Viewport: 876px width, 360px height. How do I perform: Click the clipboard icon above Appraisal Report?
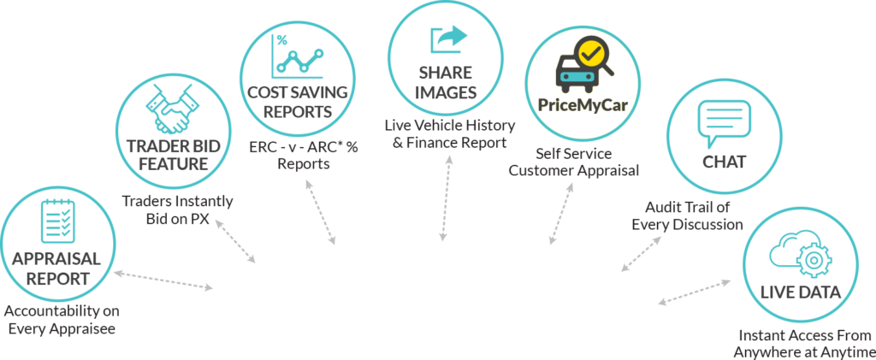click(56, 221)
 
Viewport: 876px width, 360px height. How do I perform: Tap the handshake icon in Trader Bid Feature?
click(173, 109)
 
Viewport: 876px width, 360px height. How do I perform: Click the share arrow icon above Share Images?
click(448, 41)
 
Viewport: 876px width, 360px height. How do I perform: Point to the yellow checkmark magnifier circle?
click(590, 54)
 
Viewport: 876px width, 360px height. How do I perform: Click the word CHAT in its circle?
click(724, 162)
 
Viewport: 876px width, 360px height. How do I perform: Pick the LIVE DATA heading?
click(800, 292)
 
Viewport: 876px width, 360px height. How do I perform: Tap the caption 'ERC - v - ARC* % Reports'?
click(304, 156)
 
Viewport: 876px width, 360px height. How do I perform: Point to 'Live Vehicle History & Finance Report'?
click(450, 133)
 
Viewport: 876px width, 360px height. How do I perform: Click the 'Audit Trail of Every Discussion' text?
click(687, 216)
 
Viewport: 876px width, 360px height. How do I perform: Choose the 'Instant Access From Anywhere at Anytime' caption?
click(805, 344)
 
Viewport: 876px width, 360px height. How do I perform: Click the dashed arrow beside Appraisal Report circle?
click(163, 280)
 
